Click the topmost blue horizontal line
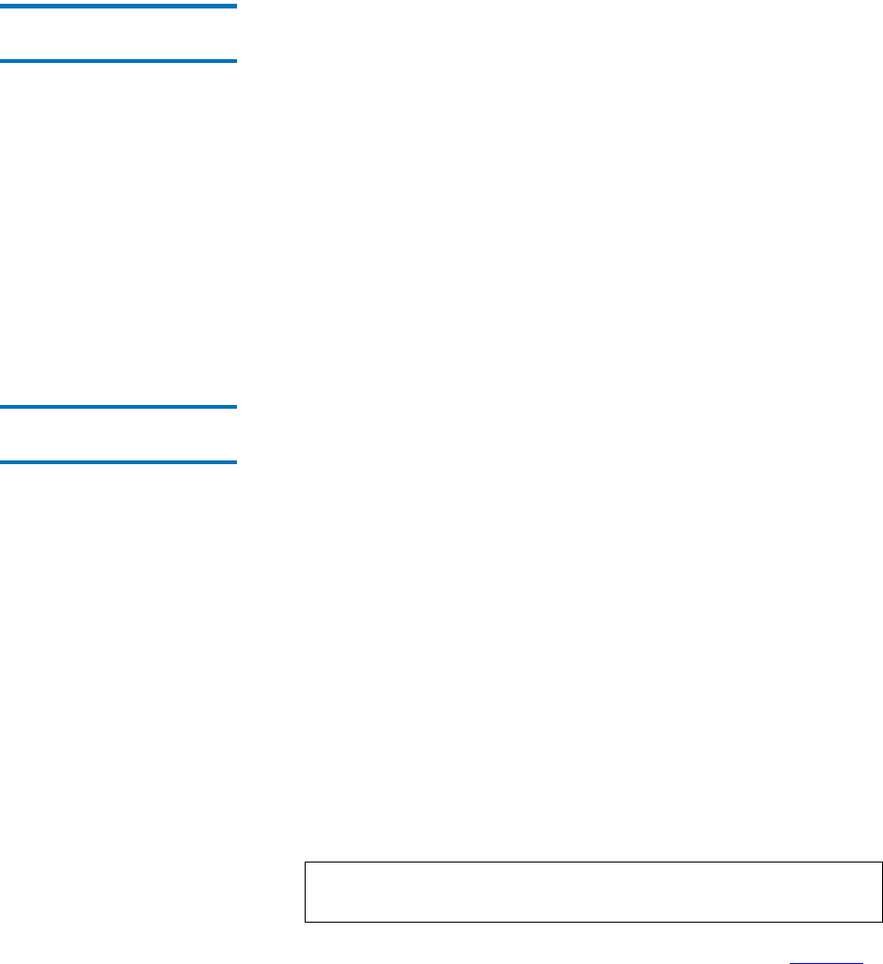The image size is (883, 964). (x=118, y=6)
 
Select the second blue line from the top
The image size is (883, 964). (x=118, y=62)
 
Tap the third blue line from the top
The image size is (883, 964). (x=118, y=407)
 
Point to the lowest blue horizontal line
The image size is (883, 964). (x=118, y=462)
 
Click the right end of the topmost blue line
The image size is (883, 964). (x=235, y=6)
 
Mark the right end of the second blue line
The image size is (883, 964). (x=235, y=62)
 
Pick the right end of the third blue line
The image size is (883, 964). (x=235, y=407)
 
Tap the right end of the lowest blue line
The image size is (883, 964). (x=235, y=462)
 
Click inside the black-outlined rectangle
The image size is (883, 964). (x=592, y=892)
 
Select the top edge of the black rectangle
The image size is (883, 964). (x=592, y=862)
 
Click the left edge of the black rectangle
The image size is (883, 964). (x=304, y=892)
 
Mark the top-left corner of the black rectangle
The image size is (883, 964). (x=304, y=862)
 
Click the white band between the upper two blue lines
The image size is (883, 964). (x=118, y=34)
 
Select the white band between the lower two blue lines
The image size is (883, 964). (x=118, y=435)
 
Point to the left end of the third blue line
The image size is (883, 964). (x=1, y=407)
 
